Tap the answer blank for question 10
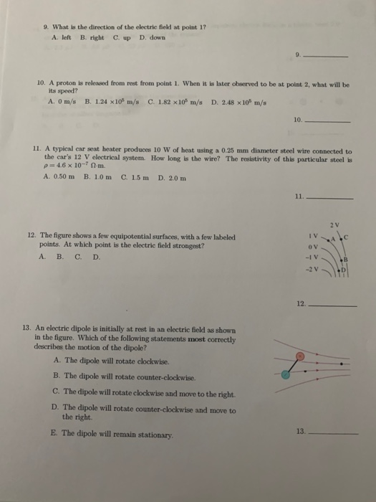point(329,121)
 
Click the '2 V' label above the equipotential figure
point(335,224)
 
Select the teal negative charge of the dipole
point(286,374)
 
